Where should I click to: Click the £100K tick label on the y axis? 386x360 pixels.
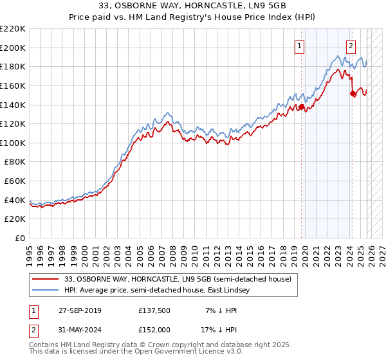pos(13,143)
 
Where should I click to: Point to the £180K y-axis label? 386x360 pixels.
pos(13,66)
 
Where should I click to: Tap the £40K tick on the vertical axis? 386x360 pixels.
pos(15,200)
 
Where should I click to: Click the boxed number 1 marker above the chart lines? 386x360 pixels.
pos(300,46)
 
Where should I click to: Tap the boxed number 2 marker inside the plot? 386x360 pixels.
pos(351,46)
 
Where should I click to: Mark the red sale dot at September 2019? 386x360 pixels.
pos(301,107)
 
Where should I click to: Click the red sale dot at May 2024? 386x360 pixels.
pos(353,93)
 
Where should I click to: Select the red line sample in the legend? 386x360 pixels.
pos(46,279)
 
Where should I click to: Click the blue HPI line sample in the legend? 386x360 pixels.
pos(46,291)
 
